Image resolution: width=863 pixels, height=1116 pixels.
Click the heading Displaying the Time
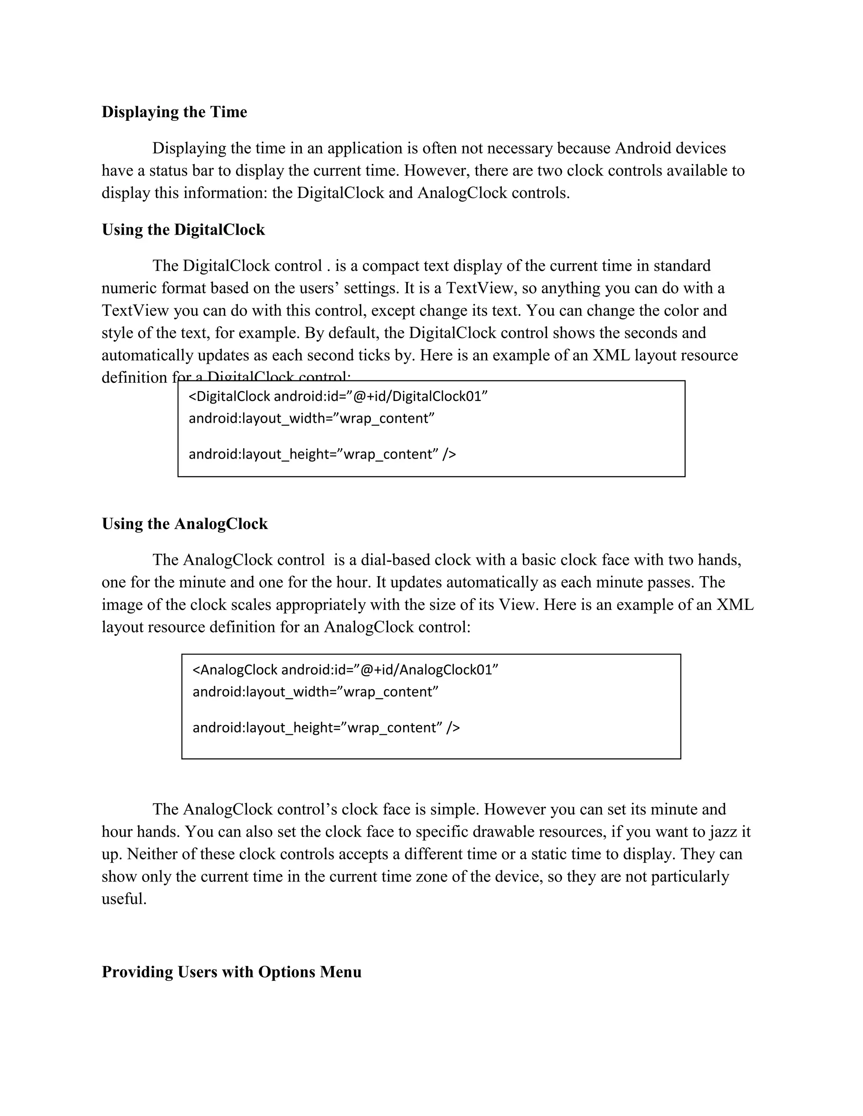point(174,112)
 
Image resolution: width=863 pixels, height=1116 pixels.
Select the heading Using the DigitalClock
point(183,230)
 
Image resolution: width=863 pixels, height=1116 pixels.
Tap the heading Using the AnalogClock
point(185,524)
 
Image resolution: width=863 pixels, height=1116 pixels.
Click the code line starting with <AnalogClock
point(345,670)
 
